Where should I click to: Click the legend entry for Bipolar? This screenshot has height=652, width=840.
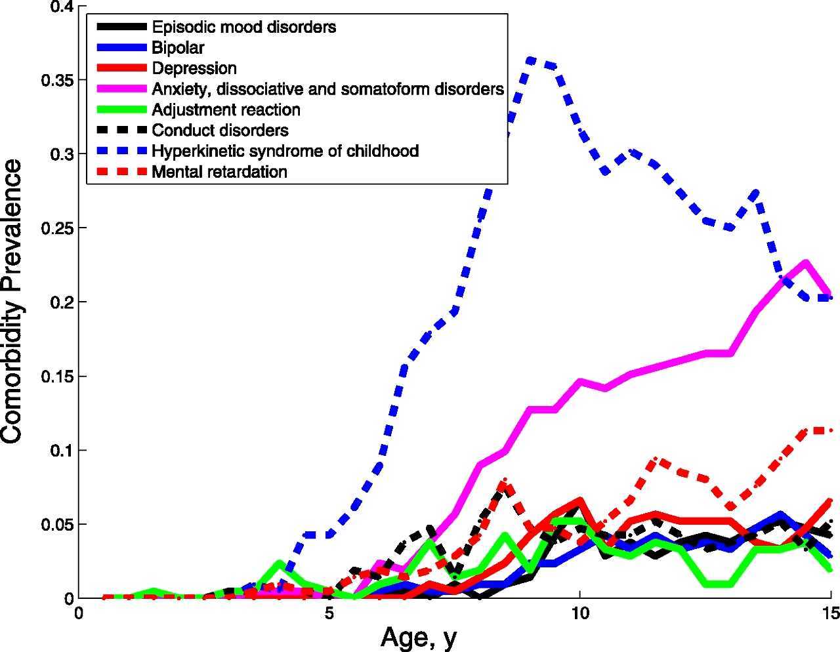(178, 48)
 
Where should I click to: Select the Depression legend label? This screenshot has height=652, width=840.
(194, 68)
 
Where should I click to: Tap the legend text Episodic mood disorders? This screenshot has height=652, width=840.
(244, 27)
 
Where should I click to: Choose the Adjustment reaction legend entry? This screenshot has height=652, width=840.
(226, 110)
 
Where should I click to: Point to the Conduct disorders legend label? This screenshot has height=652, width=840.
(220, 130)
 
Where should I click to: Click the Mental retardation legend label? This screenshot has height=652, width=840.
(219, 172)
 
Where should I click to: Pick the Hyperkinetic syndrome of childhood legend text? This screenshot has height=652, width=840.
(285, 151)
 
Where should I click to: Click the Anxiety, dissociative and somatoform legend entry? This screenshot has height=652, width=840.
(327, 89)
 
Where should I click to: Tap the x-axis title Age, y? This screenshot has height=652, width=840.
(419, 636)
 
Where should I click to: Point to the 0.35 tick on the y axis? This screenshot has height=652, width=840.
(57, 80)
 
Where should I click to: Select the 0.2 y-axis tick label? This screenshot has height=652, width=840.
(62, 302)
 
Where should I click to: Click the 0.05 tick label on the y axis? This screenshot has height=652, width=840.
(57, 525)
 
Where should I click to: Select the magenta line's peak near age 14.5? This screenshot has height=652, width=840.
(805, 262)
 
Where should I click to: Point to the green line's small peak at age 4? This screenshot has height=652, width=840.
(280, 563)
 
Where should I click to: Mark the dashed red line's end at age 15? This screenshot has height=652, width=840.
(830, 430)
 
